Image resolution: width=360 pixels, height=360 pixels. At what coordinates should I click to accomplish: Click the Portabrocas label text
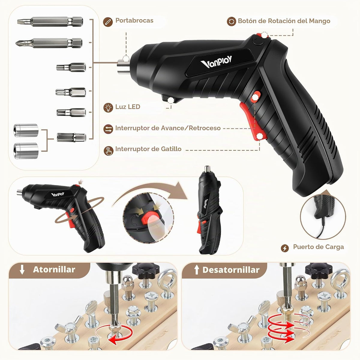[x=134, y=20]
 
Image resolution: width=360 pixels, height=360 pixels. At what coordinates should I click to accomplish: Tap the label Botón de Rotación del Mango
[x=284, y=21]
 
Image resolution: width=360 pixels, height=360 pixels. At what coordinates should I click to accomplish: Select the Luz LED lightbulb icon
[x=108, y=107]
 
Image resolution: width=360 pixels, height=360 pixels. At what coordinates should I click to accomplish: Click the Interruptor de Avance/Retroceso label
[x=168, y=128]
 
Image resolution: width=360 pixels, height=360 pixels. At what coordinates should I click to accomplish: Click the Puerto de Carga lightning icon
[x=285, y=248]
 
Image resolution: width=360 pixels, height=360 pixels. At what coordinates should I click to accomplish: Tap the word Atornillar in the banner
[x=54, y=270]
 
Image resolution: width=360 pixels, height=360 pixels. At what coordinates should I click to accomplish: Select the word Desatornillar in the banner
[x=231, y=270]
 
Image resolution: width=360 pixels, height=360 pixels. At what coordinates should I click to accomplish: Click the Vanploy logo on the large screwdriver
[x=216, y=62]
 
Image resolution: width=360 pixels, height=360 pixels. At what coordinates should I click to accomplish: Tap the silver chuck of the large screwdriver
[x=123, y=66]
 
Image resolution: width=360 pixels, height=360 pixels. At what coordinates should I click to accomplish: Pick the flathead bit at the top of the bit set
[x=50, y=22]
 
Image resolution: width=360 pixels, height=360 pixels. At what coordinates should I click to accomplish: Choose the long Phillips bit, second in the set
[x=49, y=43]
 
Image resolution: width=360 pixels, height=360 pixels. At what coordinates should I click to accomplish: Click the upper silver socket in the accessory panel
[x=26, y=130]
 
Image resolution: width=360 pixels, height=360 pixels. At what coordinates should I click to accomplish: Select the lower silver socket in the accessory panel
[x=26, y=151]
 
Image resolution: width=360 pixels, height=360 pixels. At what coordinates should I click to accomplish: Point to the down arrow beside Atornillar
[x=22, y=270]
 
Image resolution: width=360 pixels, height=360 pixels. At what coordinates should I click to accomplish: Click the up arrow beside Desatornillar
[x=196, y=270]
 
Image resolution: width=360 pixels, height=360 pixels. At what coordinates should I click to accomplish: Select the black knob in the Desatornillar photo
[x=319, y=270]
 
